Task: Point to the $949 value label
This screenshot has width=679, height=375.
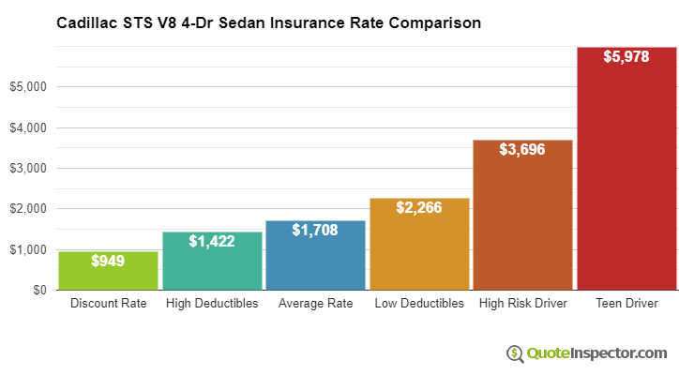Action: pyautogui.click(x=108, y=261)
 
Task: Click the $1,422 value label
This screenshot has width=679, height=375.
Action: pyautogui.click(x=211, y=241)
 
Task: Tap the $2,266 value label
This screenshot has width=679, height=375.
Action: pyautogui.click(x=418, y=207)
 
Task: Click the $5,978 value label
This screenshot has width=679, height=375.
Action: pyautogui.click(x=626, y=56)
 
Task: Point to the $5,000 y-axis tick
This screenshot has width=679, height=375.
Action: pyautogui.click(x=28, y=87)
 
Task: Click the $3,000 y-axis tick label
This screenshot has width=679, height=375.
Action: pyautogui.click(x=28, y=169)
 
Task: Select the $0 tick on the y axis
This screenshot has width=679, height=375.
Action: pyautogui.click(x=38, y=291)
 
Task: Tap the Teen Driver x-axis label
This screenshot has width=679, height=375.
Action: pyautogui.click(x=626, y=304)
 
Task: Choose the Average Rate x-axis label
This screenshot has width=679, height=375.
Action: pyautogui.click(x=315, y=304)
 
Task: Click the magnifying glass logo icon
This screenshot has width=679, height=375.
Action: pyautogui.click(x=516, y=353)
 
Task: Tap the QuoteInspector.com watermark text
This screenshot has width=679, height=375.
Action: pyautogui.click(x=596, y=353)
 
